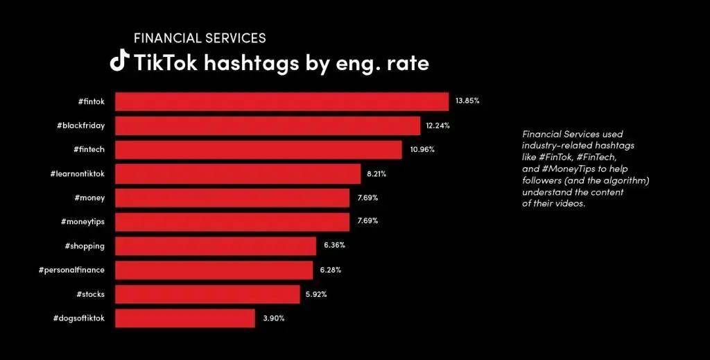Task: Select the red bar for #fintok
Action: tap(282, 101)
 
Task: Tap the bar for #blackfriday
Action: tap(268, 126)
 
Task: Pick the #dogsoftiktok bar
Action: tap(184, 318)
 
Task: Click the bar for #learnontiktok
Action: tap(238, 174)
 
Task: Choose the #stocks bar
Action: tap(207, 294)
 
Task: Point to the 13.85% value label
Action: tap(467, 101)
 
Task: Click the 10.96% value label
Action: tap(421, 150)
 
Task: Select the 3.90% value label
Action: tap(273, 318)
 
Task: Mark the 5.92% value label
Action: tap(315, 294)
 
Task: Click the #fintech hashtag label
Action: tap(88, 150)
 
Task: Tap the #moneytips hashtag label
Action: tap(83, 222)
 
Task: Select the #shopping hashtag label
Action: tap(85, 246)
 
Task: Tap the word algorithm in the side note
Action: tap(621, 180)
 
